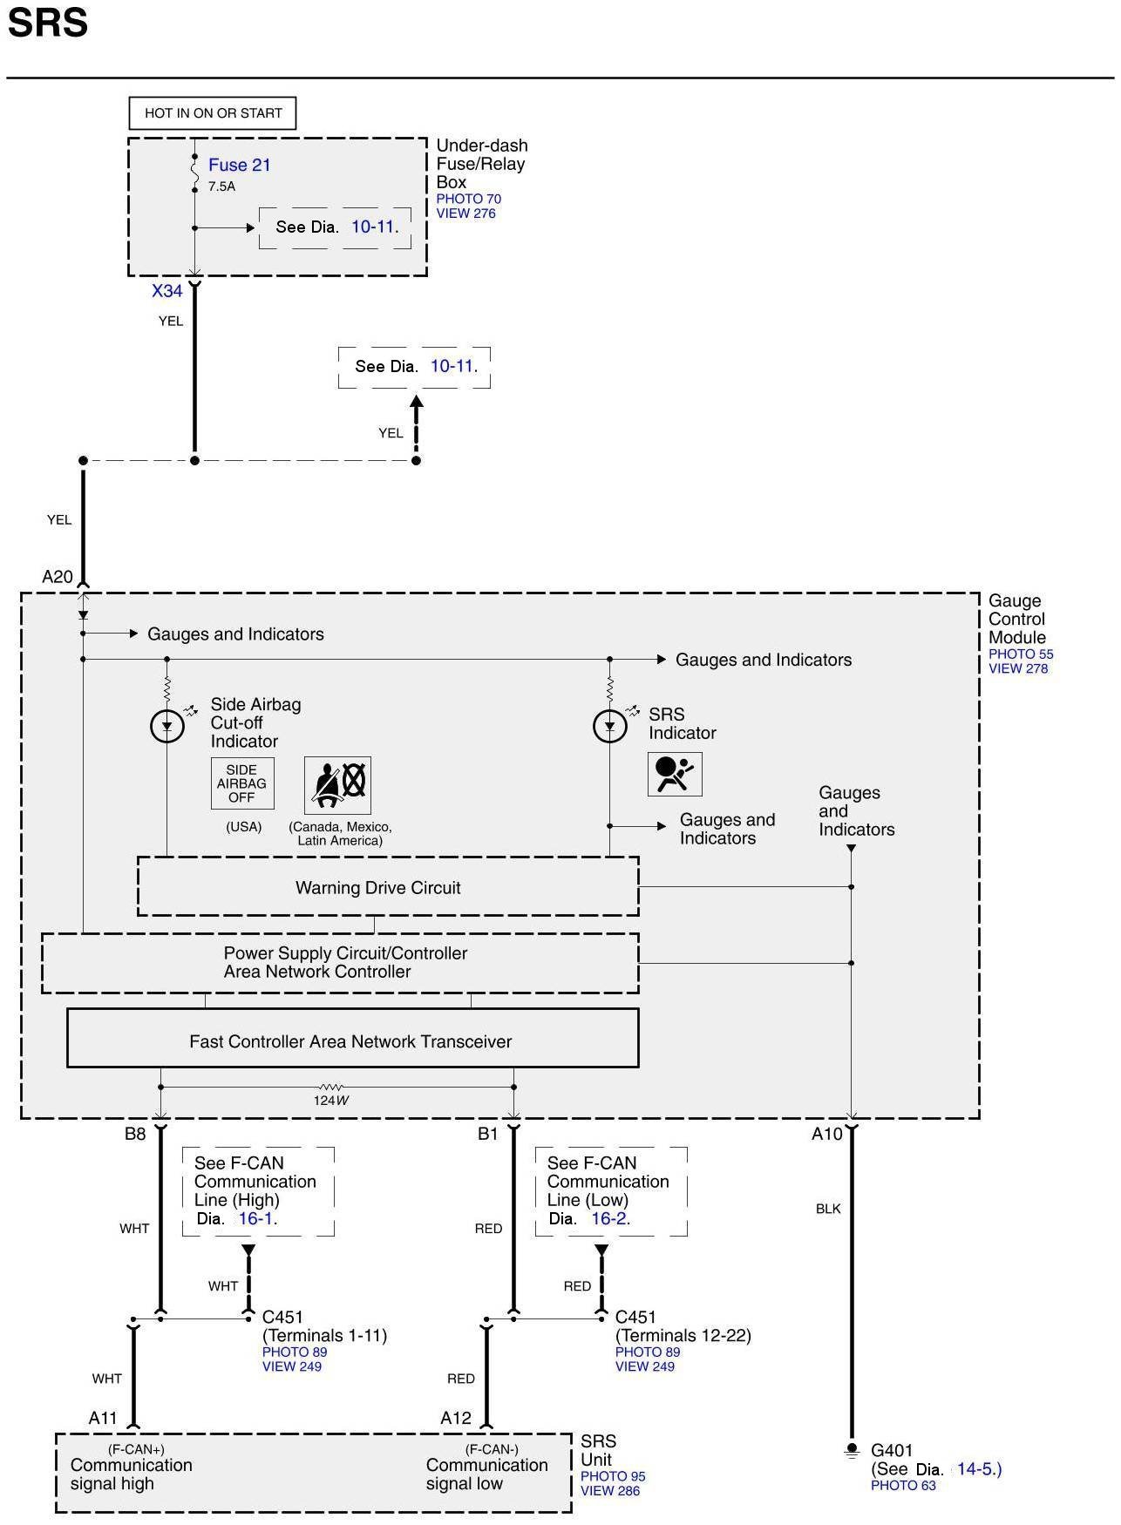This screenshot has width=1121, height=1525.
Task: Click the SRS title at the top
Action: point(48,23)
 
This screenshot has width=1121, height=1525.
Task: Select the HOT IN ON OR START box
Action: point(213,113)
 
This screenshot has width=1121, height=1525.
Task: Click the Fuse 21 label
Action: point(240,165)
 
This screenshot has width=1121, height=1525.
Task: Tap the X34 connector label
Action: point(167,291)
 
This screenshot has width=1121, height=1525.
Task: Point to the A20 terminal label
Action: point(58,577)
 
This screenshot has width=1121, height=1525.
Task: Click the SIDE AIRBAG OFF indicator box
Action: point(242,783)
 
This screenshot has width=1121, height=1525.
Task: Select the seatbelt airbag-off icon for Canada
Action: point(337,785)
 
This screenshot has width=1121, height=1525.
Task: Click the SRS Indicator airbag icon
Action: point(675,774)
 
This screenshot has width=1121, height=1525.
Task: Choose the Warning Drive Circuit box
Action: point(388,887)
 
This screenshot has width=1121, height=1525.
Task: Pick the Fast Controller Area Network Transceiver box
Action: point(353,1038)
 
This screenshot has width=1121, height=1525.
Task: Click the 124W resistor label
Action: point(331,1101)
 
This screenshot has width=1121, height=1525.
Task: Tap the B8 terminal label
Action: point(135,1134)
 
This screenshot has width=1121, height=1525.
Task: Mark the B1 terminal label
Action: point(487,1134)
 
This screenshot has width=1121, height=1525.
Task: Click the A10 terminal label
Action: point(827,1134)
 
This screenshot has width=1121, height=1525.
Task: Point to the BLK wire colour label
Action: point(828,1209)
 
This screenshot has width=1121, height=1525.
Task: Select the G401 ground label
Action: point(892,1451)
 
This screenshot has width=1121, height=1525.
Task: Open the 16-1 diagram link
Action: point(256,1218)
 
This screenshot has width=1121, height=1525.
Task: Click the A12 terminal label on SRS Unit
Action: point(456,1418)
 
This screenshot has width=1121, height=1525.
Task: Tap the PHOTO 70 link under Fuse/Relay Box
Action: point(469,199)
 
